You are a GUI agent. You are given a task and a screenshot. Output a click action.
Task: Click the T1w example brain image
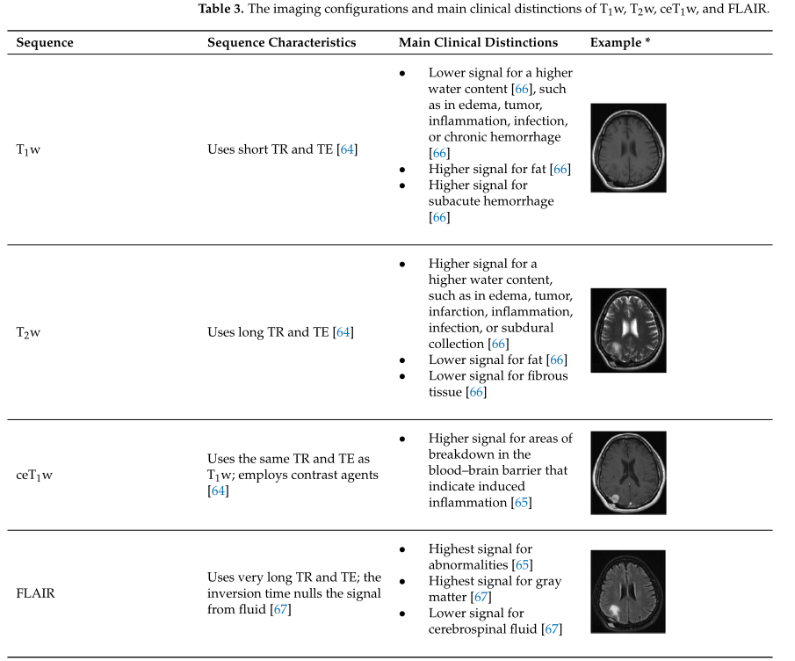coord(627,148)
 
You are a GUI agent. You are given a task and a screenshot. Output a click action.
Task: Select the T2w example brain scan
coord(627,330)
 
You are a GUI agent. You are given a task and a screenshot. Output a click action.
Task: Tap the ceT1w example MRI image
coord(627,474)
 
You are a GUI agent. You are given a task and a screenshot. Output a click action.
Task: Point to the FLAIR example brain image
coord(627,592)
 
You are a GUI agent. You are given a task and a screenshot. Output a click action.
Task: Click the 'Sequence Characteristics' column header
coord(281,42)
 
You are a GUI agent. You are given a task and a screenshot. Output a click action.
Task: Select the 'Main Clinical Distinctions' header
coord(478,42)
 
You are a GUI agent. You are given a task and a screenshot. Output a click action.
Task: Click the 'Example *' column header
coord(619,42)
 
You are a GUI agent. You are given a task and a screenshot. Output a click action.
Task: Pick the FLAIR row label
coord(35,593)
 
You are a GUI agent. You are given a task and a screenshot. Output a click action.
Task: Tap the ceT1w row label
coord(34,476)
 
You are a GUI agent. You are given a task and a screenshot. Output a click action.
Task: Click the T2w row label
coord(28,332)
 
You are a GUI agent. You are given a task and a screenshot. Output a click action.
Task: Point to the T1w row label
coord(28,149)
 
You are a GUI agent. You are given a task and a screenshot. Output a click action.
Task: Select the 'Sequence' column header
coord(45,42)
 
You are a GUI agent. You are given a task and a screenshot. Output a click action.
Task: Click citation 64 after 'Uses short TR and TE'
coord(347,149)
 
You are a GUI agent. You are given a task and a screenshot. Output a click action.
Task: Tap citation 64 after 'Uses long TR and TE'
coord(343,332)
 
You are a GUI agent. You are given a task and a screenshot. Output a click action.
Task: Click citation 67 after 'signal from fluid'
coord(281,609)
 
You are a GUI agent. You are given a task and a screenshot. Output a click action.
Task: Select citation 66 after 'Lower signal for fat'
coord(556,360)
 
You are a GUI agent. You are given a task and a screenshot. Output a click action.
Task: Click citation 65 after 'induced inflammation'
coord(522,503)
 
